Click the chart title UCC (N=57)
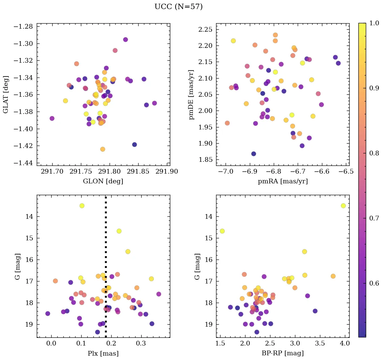tap(178, 7)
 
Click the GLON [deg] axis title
tap(103, 181)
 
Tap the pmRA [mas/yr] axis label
tap(283, 181)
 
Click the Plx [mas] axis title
tap(103, 353)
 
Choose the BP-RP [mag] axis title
tap(283, 353)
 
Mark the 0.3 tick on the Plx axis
tap(111, 343)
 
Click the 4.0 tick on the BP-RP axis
tap(345, 343)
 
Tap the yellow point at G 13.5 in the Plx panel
tap(82, 206)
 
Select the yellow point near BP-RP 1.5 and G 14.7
tap(222, 231)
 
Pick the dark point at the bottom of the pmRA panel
tap(254, 154)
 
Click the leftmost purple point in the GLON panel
tap(52, 118)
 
